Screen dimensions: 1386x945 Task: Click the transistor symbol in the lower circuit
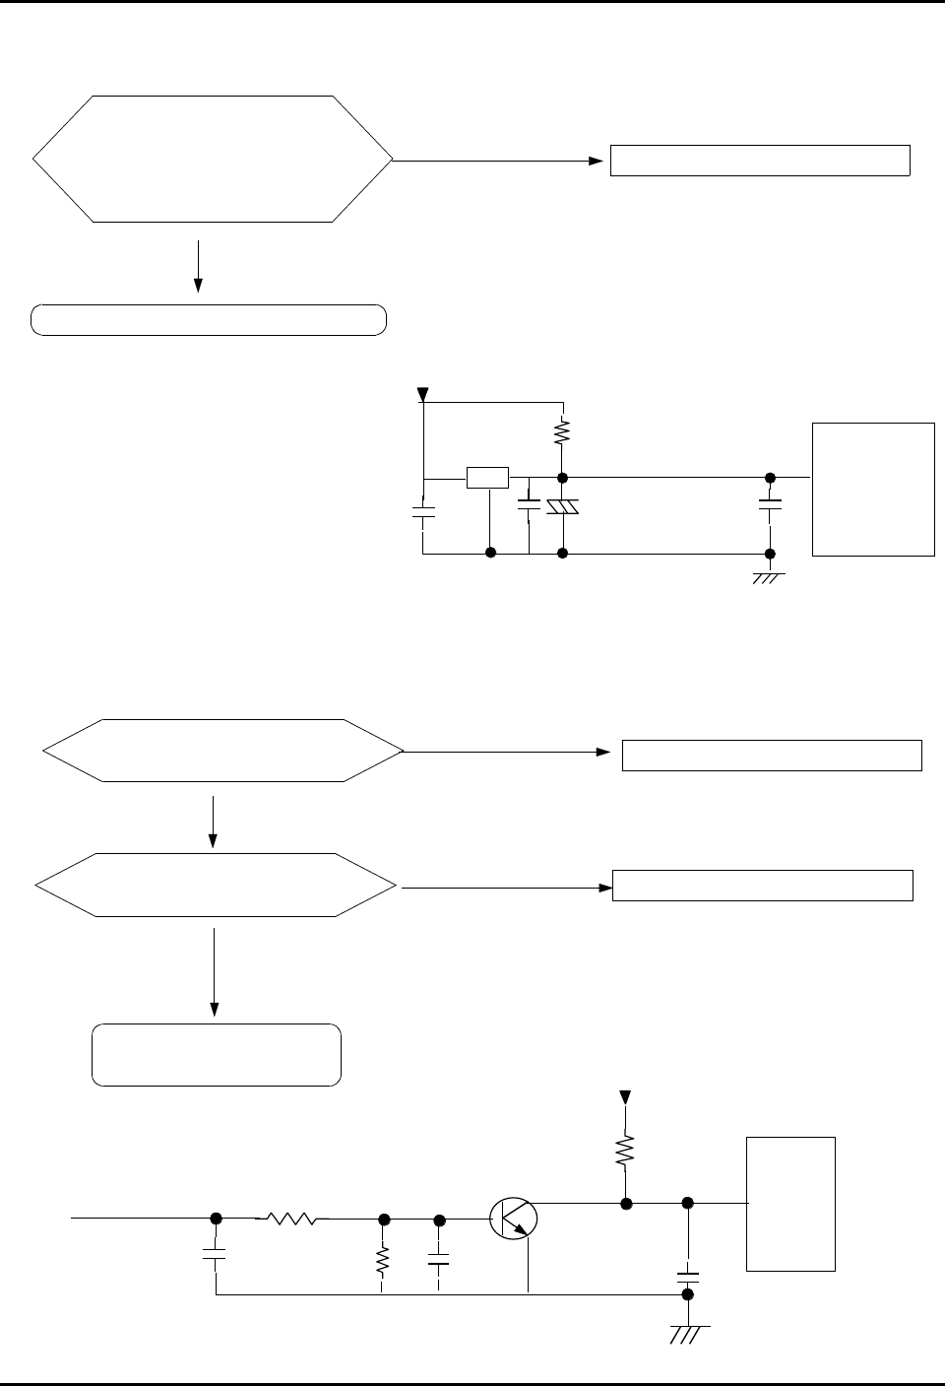click(x=513, y=1219)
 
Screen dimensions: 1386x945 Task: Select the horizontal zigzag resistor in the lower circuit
click(x=292, y=1219)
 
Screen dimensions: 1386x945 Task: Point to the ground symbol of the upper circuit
click(x=767, y=577)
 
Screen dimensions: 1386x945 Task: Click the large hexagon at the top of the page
click(x=213, y=159)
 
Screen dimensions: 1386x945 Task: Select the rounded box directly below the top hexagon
click(x=208, y=320)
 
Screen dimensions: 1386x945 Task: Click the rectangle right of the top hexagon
click(x=760, y=160)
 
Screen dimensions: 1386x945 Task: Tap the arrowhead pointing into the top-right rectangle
click(x=597, y=160)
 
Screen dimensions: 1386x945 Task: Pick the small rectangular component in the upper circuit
click(x=487, y=478)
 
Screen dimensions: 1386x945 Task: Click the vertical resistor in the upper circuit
click(x=562, y=431)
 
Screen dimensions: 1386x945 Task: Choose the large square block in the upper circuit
click(x=873, y=489)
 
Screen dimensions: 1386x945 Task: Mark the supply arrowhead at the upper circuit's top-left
click(x=423, y=395)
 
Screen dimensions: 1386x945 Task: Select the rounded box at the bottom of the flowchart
click(x=217, y=1055)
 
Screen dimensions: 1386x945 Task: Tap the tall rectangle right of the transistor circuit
click(x=791, y=1204)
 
